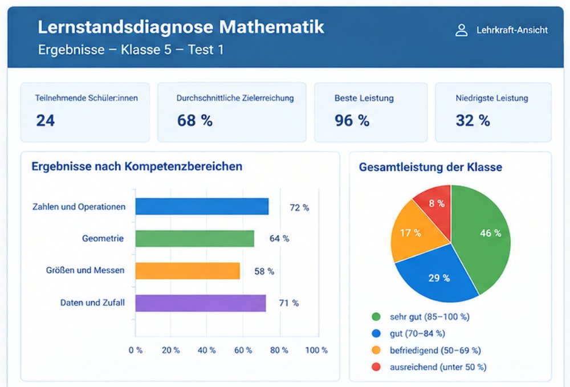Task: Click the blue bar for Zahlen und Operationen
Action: pos(202,206)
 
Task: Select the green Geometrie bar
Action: pos(195,238)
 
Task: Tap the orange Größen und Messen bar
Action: pos(188,271)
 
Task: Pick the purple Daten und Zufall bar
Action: pos(201,303)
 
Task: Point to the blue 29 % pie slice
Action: pos(438,276)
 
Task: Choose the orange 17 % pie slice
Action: pos(414,233)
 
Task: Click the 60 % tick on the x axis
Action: pos(243,351)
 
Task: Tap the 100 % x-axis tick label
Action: pos(316,351)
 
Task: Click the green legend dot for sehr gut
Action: pos(376,317)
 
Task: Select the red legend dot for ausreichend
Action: pos(376,367)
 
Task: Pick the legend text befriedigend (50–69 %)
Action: pos(435,351)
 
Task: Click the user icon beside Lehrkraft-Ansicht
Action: pos(462,30)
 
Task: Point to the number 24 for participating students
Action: pos(46,121)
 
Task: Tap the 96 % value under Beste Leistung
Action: pos(352,121)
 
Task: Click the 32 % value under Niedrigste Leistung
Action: pos(473,121)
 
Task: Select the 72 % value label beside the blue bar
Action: pos(299,208)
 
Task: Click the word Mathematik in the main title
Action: pos(271,27)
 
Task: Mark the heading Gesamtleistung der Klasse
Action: pos(430,167)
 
